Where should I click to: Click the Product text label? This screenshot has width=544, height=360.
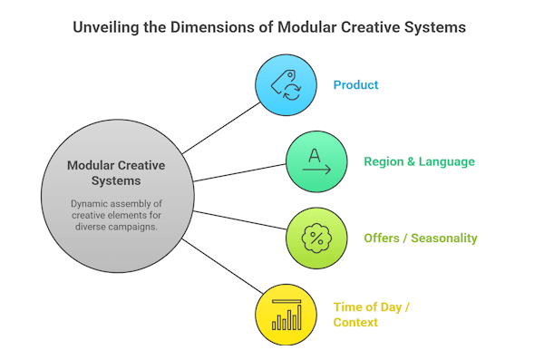tap(355, 85)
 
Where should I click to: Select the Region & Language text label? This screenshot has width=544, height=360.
tap(419, 162)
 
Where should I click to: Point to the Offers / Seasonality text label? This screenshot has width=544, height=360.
tap(421, 238)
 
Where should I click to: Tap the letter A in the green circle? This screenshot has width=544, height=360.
tap(314, 153)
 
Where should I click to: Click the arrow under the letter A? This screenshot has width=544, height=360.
tap(317, 170)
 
